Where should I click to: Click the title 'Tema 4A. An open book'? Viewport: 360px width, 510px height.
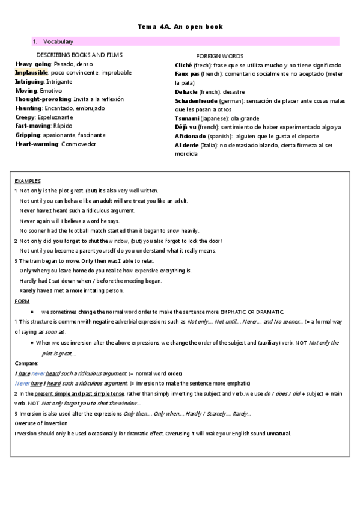tap(180, 27)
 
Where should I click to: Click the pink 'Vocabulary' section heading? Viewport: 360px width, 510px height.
tap(58, 41)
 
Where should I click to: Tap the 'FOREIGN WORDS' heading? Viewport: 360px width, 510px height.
tap(219, 56)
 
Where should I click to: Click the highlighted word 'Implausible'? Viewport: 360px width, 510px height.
tap(31, 72)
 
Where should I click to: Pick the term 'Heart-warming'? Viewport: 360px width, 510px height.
tap(37, 144)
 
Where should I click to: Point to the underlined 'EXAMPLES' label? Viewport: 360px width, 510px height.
tap(28, 180)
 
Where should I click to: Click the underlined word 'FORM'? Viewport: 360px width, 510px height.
tap(20, 300)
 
